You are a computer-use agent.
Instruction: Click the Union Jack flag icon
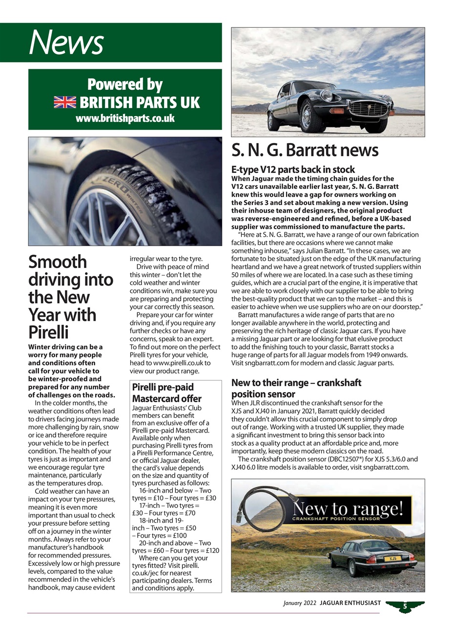[x=65, y=102]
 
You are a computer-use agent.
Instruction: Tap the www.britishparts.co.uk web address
[x=125, y=118]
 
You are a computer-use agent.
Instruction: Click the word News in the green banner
[x=66, y=42]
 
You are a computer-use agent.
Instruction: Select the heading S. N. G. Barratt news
[x=305, y=150]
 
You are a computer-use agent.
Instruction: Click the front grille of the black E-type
[x=368, y=109]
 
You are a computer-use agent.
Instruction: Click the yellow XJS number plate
[x=392, y=558]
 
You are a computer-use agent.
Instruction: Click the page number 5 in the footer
[x=405, y=606]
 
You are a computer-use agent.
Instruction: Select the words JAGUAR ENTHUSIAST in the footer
[x=350, y=604]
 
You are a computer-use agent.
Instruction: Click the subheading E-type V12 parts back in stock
[x=293, y=170]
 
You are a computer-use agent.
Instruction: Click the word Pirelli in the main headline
[x=48, y=332]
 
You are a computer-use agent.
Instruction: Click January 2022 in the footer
[x=299, y=604]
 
